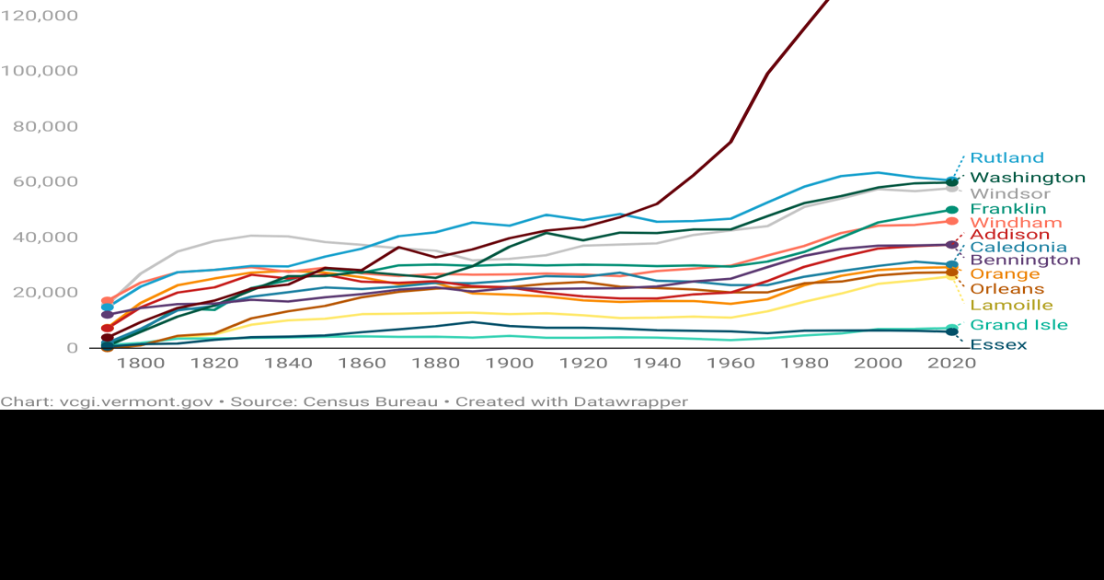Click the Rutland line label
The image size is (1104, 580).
pyautogui.click(x=1006, y=158)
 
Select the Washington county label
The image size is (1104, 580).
pyautogui.click(x=1028, y=178)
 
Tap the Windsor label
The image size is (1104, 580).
pyautogui.click(x=1009, y=194)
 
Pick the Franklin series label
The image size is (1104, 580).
pyautogui.click(x=1008, y=210)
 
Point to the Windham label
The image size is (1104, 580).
pyautogui.click(x=1016, y=224)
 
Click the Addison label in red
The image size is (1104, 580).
pyautogui.click(x=1010, y=236)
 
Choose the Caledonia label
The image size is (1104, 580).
pyautogui.click(x=1018, y=248)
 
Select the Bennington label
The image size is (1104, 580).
pyautogui.click(x=1025, y=261)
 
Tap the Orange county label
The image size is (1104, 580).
pyautogui.click(x=1005, y=274)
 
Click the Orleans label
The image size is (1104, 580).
pyautogui.click(x=1007, y=289)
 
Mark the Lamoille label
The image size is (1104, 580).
pyautogui.click(x=1011, y=306)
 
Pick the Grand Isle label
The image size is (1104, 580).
pyautogui.click(x=1018, y=325)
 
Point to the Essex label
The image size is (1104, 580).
pyautogui.click(x=998, y=345)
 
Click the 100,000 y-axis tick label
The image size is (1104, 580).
pyautogui.click(x=39, y=71)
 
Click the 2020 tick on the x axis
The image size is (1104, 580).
pyautogui.click(x=952, y=364)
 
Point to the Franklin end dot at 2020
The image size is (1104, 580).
pyautogui.click(x=952, y=210)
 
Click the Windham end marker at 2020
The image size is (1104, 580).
pyautogui.click(x=952, y=222)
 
